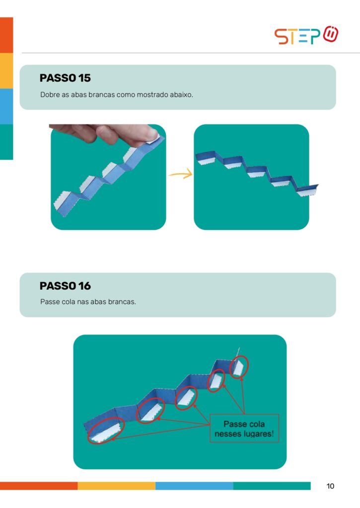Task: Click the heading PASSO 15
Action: point(65,78)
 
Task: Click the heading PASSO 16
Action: point(65,286)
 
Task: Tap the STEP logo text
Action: point(297,36)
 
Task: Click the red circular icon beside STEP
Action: point(331,34)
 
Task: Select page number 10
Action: point(330,486)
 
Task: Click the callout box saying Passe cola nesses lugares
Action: point(244,428)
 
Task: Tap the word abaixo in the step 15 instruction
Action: point(181,95)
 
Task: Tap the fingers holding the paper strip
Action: point(104,133)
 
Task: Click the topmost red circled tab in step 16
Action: point(239,367)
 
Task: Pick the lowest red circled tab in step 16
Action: point(106,430)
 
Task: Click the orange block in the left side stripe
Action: point(6,35)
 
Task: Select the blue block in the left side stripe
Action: point(6,106)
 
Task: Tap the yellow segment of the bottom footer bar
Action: point(116,486)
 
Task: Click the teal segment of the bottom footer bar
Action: point(272,486)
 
